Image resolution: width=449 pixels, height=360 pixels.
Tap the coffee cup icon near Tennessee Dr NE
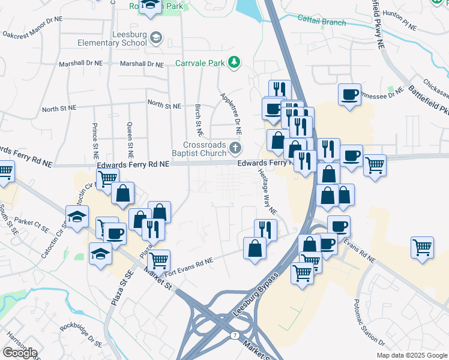(349, 93)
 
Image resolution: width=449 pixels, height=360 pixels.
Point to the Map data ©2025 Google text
(412, 355)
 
